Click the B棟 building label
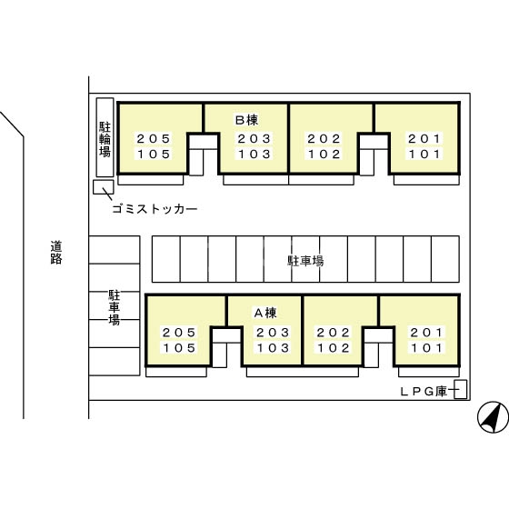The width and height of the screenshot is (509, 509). click(x=246, y=120)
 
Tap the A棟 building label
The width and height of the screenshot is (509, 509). click(x=265, y=313)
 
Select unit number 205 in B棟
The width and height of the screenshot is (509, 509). click(x=154, y=139)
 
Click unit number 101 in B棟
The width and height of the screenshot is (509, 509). click(x=424, y=155)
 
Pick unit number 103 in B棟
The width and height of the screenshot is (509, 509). click(x=254, y=155)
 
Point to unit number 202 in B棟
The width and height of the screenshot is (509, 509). click(x=324, y=139)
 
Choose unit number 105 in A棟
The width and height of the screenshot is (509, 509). click(x=179, y=348)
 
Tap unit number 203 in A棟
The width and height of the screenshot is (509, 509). click(x=273, y=333)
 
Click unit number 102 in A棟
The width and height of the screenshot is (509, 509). click(x=334, y=348)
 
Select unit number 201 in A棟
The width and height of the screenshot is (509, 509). click(x=426, y=333)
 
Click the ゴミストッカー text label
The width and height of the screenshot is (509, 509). click(x=155, y=209)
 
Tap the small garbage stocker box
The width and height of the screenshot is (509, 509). click(x=104, y=187)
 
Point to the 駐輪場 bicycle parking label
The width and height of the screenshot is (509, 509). click(x=105, y=140)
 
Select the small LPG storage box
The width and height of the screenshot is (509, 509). click(x=460, y=389)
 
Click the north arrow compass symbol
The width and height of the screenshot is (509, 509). click(x=493, y=417)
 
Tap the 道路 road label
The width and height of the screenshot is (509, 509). click(x=56, y=253)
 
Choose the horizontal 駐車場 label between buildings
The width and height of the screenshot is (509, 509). click(x=305, y=261)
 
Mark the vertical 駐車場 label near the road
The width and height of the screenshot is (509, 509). click(x=114, y=307)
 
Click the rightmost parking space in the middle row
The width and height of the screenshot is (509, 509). click(x=445, y=259)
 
